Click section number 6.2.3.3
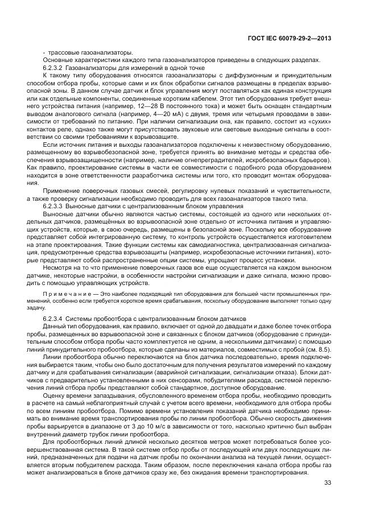53,205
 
